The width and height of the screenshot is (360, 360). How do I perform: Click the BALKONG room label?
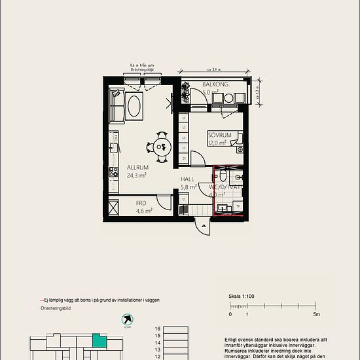point(215,84)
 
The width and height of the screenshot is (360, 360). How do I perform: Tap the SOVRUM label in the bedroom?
point(218,134)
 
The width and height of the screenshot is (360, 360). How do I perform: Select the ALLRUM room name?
point(137,168)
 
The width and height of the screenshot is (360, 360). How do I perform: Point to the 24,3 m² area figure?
point(136,175)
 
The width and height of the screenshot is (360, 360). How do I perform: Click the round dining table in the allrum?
point(161,146)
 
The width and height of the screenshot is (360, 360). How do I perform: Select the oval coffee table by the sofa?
point(135,107)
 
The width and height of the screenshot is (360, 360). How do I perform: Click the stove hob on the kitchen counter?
point(112,173)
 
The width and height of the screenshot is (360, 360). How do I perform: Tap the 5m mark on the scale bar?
point(317,315)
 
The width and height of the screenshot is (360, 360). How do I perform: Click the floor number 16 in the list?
point(157,329)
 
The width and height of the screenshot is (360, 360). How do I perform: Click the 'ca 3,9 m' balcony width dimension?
point(215,69)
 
